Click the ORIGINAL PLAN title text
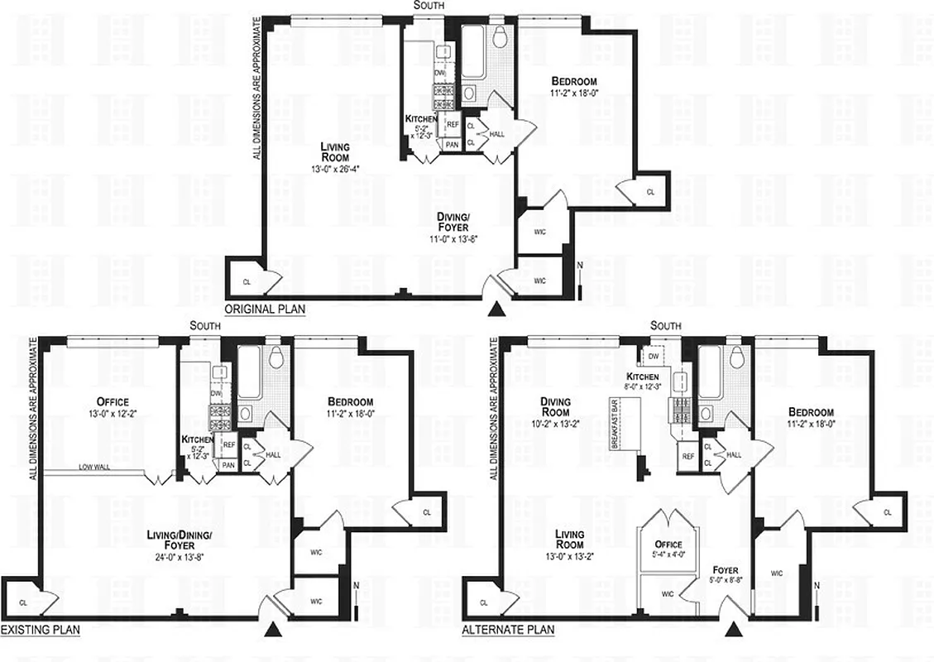265,309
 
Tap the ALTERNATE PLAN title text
508,630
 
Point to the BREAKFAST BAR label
615,423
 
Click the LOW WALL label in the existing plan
96,468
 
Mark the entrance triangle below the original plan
496,309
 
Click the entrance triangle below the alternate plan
733,630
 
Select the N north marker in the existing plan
356,588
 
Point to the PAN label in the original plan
452,144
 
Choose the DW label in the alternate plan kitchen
653,357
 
